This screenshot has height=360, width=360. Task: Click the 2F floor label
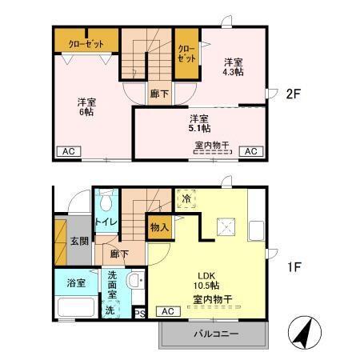(292, 93)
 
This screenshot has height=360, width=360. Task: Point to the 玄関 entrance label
(78, 242)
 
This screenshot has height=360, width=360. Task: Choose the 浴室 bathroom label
(66, 282)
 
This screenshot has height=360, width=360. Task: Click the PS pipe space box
(138, 314)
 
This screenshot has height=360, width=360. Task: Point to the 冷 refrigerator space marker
(185, 198)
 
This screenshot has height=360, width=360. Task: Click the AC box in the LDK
(168, 311)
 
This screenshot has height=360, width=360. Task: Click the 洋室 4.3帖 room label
(234, 66)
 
